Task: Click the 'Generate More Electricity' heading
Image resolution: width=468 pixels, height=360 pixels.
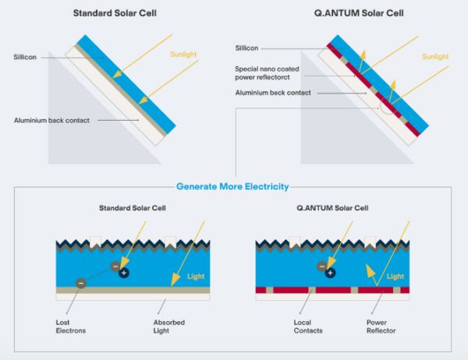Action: tap(232, 187)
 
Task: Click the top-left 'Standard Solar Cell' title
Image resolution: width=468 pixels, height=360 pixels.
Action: tap(114, 13)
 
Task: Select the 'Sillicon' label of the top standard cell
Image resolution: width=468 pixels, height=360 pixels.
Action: tap(25, 57)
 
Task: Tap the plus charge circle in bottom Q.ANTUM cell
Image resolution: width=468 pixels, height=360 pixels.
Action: tap(330, 273)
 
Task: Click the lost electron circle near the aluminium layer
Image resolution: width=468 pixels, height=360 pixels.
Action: tap(80, 283)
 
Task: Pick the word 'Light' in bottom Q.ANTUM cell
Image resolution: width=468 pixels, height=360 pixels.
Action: tap(396, 277)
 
